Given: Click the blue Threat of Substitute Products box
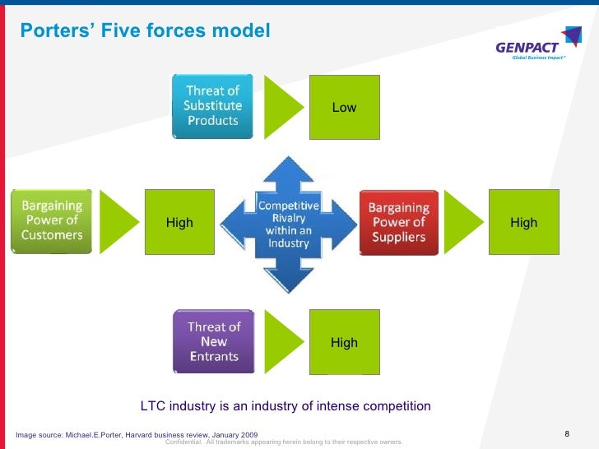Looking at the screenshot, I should (212, 106).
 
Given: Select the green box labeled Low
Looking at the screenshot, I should (344, 107).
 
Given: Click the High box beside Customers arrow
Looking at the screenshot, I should (179, 222).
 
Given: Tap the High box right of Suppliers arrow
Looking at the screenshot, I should (523, 222).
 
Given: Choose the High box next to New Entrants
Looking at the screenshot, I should (344, 342).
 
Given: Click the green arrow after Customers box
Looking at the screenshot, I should (123, 222).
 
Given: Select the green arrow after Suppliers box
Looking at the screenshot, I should (470, 222).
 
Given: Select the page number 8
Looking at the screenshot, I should (568, 433).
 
